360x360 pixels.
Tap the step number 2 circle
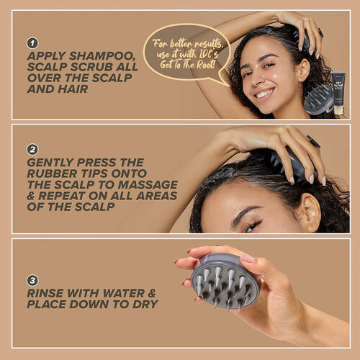click(x=32, y=150)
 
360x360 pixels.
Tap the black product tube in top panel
click(x=338, y=92)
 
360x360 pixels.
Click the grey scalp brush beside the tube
click(x=318, y=99)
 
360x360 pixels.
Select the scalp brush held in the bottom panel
click(x=224, y=281)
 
